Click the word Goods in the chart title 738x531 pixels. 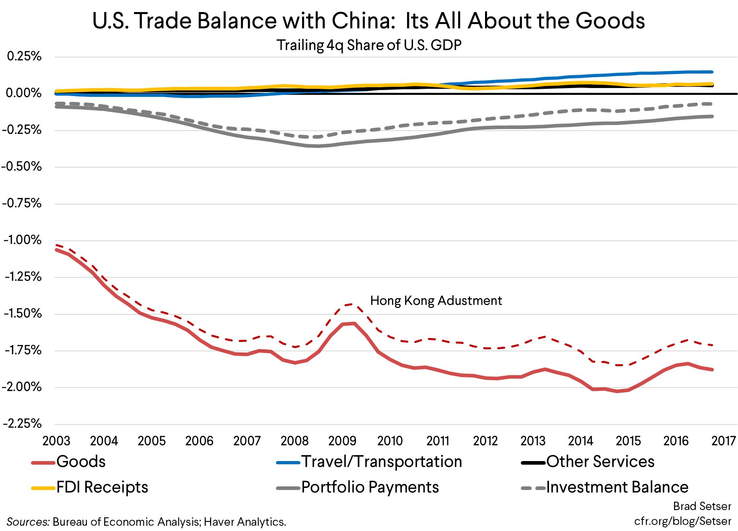tap(610, 21)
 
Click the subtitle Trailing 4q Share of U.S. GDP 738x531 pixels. tap(368, 45)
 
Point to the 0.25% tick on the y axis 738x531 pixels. tap(24, 56)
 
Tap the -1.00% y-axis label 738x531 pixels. tap(23, 240)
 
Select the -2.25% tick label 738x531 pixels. tap(23, 423)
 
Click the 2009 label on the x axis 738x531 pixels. tap(342, 441)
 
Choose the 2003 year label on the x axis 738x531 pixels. tap(56, 441)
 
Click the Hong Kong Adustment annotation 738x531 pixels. tap(436, 301)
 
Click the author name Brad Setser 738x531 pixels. tap(702, 506)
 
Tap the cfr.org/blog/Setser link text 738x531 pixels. tap(682, 521)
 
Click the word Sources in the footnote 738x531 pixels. tap(28, 522)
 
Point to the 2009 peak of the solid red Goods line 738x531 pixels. tap(354, 323)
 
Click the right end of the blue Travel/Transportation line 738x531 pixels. tap(712, 72)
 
